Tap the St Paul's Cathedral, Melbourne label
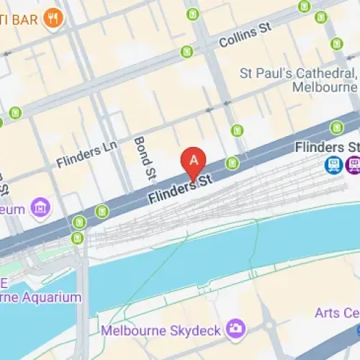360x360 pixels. pyautogui.click(x=297, y=73)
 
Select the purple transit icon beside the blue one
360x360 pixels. pyautogui.click(x=354, y=166)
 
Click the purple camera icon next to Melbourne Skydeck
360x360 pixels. pyautogui.click(x=234, y=329)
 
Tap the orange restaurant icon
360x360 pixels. pyautogui.click(x=52, y=18)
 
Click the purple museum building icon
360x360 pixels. pyautogui.click(x=42, y=208)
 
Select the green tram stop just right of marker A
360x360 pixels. pyautogui.click(x=232, y=163)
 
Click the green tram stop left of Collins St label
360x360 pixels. pyautogui.click(x=187, y=52)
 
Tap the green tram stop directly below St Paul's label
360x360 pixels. pyautogui.click(x=336, y=127)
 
